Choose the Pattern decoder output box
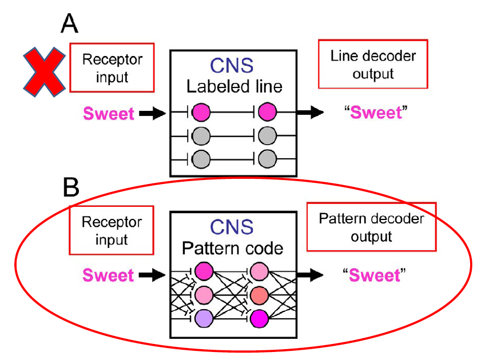coord(371,227)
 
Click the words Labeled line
coord(233,87)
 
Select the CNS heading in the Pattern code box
coord(233,229)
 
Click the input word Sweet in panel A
coord(109,113)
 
